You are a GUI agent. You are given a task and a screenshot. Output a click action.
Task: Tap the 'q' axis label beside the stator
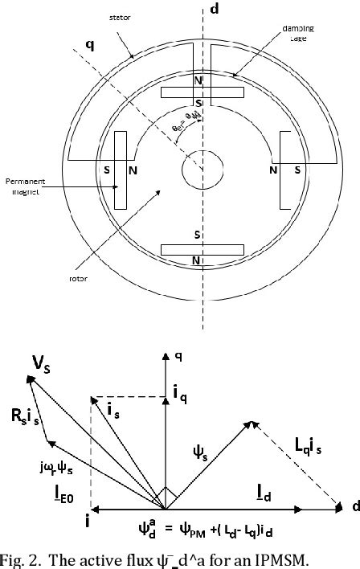pos(90,45)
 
